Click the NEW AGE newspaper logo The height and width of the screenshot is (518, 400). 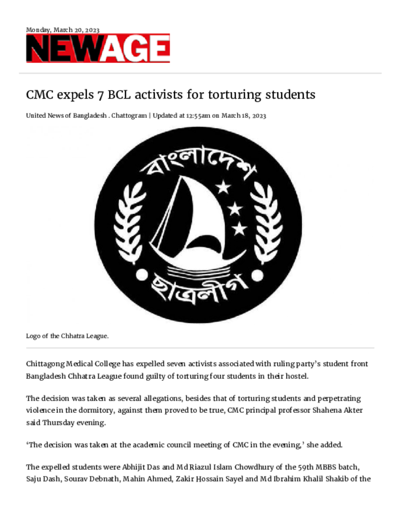(98, 49)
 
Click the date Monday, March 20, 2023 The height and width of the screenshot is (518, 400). (63, 30)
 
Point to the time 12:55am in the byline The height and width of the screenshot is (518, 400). (198, 116)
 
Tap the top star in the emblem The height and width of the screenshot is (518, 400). (223, 188)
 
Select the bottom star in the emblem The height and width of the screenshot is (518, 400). (239, 229)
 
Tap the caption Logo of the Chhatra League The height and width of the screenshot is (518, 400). (67, 335)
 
